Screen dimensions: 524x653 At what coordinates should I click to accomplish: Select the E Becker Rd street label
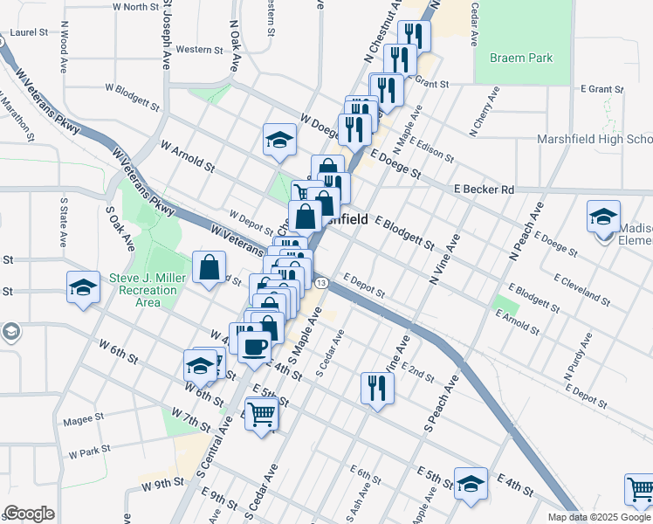[x=484, y=190]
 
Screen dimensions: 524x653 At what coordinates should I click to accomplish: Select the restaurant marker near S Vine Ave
[x=376, y=387]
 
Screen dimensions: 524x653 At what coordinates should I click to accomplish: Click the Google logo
[x=29, y=514]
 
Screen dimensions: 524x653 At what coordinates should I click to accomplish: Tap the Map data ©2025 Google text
[x=600, y=517]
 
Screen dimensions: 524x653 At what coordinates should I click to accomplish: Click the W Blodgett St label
[x=132, y=96]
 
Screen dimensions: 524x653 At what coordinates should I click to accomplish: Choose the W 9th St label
[x=162, y=481]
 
